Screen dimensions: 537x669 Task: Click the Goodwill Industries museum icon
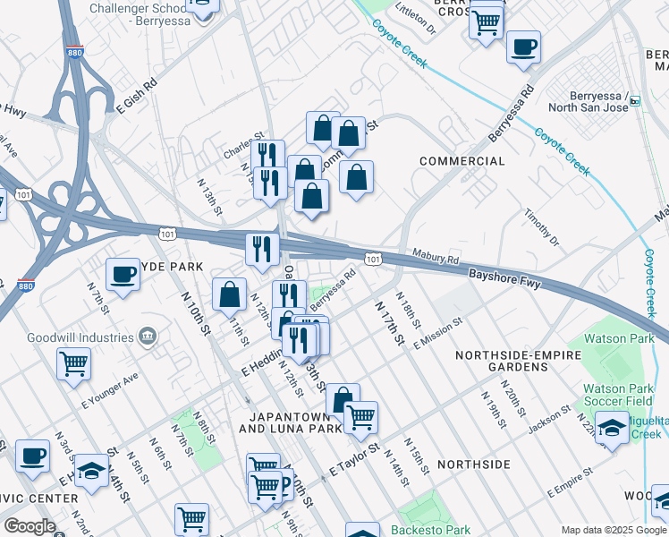click(148, 337)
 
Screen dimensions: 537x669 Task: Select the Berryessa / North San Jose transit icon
click(634, 101)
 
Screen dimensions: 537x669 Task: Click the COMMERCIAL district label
click(462, 161)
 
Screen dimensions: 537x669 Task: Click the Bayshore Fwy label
click(505, 278)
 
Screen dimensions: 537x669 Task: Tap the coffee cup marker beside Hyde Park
click(123, 276)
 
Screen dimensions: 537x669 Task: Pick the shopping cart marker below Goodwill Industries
click(73, 363)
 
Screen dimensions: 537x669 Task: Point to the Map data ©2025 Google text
click(613, 530)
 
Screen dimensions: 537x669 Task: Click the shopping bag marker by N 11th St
click(230, 294)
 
